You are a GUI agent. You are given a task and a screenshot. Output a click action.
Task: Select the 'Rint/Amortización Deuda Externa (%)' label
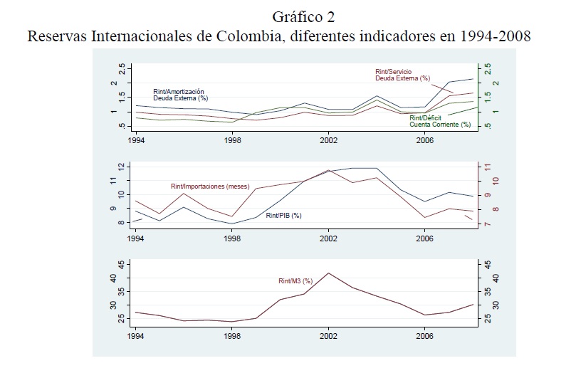pyautogui.click(x=179, y=95)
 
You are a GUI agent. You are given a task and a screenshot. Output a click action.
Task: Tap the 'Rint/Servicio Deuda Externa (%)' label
pyautogui.click(x=404, y=75)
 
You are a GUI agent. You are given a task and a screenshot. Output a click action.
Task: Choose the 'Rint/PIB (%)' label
pyautogui.click(x=284, y=215)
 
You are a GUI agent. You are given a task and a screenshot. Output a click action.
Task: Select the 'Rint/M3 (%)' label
pyautogui.click(x=295, y=281)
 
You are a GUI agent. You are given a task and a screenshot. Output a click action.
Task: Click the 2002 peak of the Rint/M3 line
pyautogui.click(x=328, y=273)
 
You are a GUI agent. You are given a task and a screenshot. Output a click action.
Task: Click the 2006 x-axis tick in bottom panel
pyautogui.click(x=424, y=334)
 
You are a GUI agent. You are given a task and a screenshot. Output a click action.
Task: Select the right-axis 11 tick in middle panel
pyautogui.click(x=487, y=167)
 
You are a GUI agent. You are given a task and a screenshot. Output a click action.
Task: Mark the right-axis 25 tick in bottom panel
pyautogui.click(x=487, y=318)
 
